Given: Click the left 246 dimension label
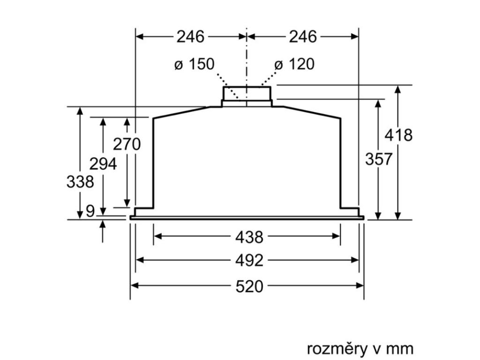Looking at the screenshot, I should [x=190, y=37].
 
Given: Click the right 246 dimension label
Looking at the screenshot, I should [x=302, y=37].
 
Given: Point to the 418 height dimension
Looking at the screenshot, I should [x=398, y=135].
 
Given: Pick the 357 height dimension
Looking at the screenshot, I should [x=378, y=159].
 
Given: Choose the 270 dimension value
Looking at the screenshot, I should [x=127, y=144].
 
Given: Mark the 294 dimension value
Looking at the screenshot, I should [x=103, y=164].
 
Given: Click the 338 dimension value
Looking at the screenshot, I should [x=80, y=181].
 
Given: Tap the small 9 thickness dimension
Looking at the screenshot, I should [x=90, y=211].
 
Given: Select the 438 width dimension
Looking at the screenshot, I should [x=249, y=237].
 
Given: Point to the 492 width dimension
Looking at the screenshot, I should [x=249, y=261].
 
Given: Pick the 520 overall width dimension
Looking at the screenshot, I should [x=249, y=286].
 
